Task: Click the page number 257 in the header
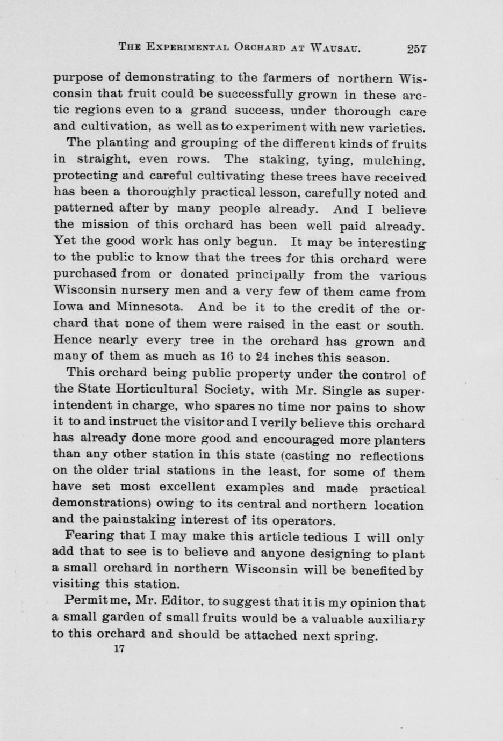pyautogui.click(x=416, y=48)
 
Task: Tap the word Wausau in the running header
pyautogui.click(x=335, y=48)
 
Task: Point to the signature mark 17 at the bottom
pyautogui.click(x=119, y=648)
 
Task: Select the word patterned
pyautogui.click(x=83, y=208)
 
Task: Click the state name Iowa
pyautogui.click(x=67, y=308)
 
